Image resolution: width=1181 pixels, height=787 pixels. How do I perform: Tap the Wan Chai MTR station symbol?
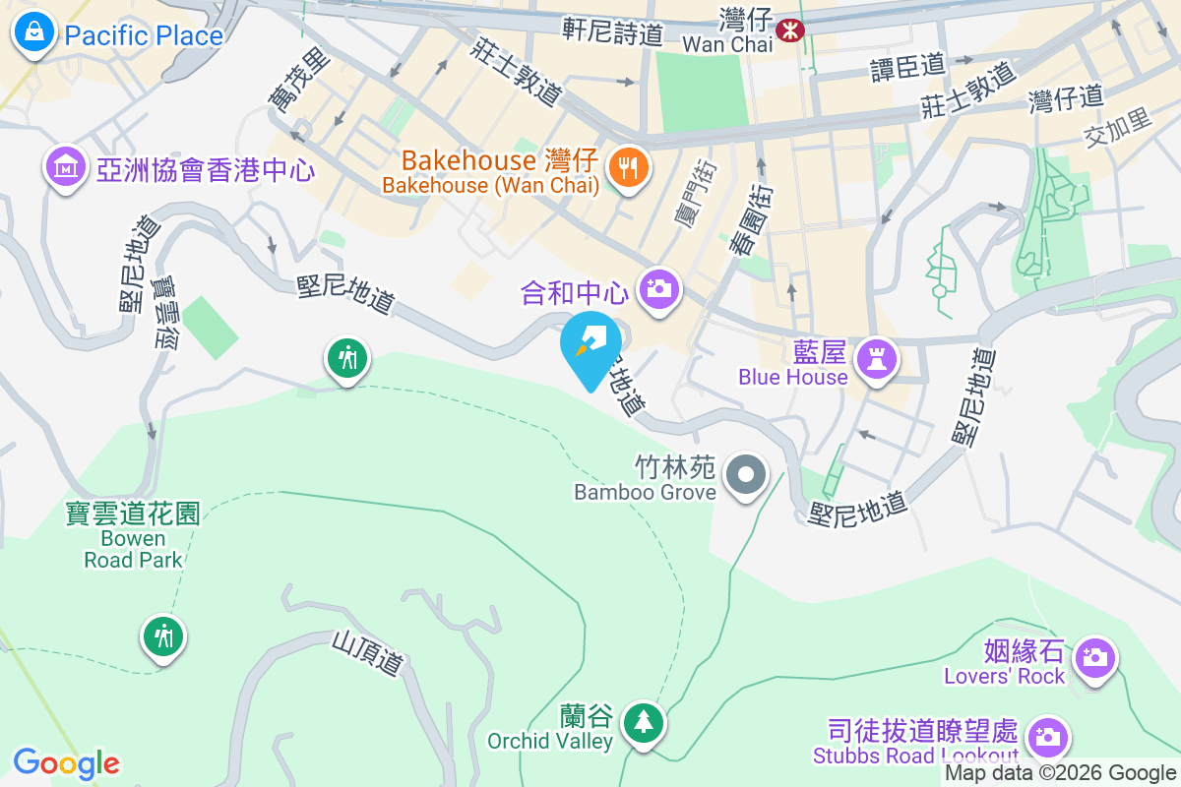[789, 30]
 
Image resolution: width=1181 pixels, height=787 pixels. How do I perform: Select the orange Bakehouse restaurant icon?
[627, 167]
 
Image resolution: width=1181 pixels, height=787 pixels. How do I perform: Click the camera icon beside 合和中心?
[658, 289]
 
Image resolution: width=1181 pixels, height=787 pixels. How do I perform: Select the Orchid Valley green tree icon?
[644, 723]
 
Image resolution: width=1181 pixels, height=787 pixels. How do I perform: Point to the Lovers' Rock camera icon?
[1093, 656]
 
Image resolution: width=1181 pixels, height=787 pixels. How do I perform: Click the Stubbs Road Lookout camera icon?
[1046, 736]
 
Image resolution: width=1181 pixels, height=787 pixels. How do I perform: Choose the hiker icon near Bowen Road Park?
[163, 636]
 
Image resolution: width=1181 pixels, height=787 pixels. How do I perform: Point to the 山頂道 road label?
[367, 653]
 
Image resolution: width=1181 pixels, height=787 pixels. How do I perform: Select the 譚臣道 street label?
[906, 67]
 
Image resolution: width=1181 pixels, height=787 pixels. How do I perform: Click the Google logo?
[66, 762]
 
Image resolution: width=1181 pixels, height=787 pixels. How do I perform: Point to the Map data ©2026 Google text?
[1061, 773]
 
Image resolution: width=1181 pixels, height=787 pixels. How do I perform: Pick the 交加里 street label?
[1117, 122]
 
